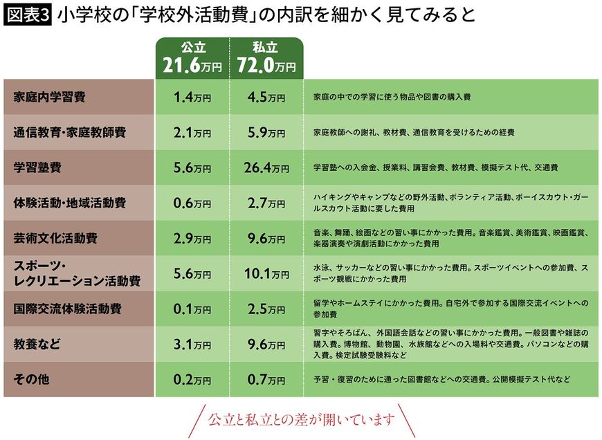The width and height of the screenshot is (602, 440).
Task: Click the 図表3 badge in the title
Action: click(27, 15)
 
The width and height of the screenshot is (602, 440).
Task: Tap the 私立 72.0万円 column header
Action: click(267, 57)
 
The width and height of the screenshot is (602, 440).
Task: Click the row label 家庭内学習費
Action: click(50, 97)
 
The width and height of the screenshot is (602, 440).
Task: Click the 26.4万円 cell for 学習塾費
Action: click(267, 167)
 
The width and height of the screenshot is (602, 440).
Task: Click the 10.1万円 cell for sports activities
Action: click(267, 273)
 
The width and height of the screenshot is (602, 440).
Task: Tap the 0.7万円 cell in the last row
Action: click(267, 380)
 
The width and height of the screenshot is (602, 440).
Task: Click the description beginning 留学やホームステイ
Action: click(450, 309)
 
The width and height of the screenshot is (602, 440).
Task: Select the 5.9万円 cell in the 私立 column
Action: click(267, 132)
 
